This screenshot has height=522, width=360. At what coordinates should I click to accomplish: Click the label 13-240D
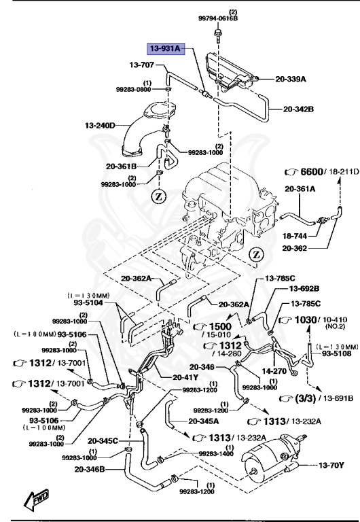click(x=101, y=125)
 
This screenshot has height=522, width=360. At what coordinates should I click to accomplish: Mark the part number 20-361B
click(x=120, y=165)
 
